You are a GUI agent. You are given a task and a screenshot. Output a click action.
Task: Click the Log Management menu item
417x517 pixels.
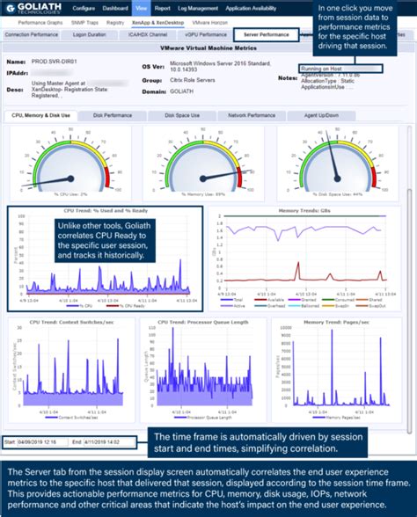[197, 7]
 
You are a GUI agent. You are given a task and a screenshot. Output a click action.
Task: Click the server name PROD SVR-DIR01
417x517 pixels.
[53, 63]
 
